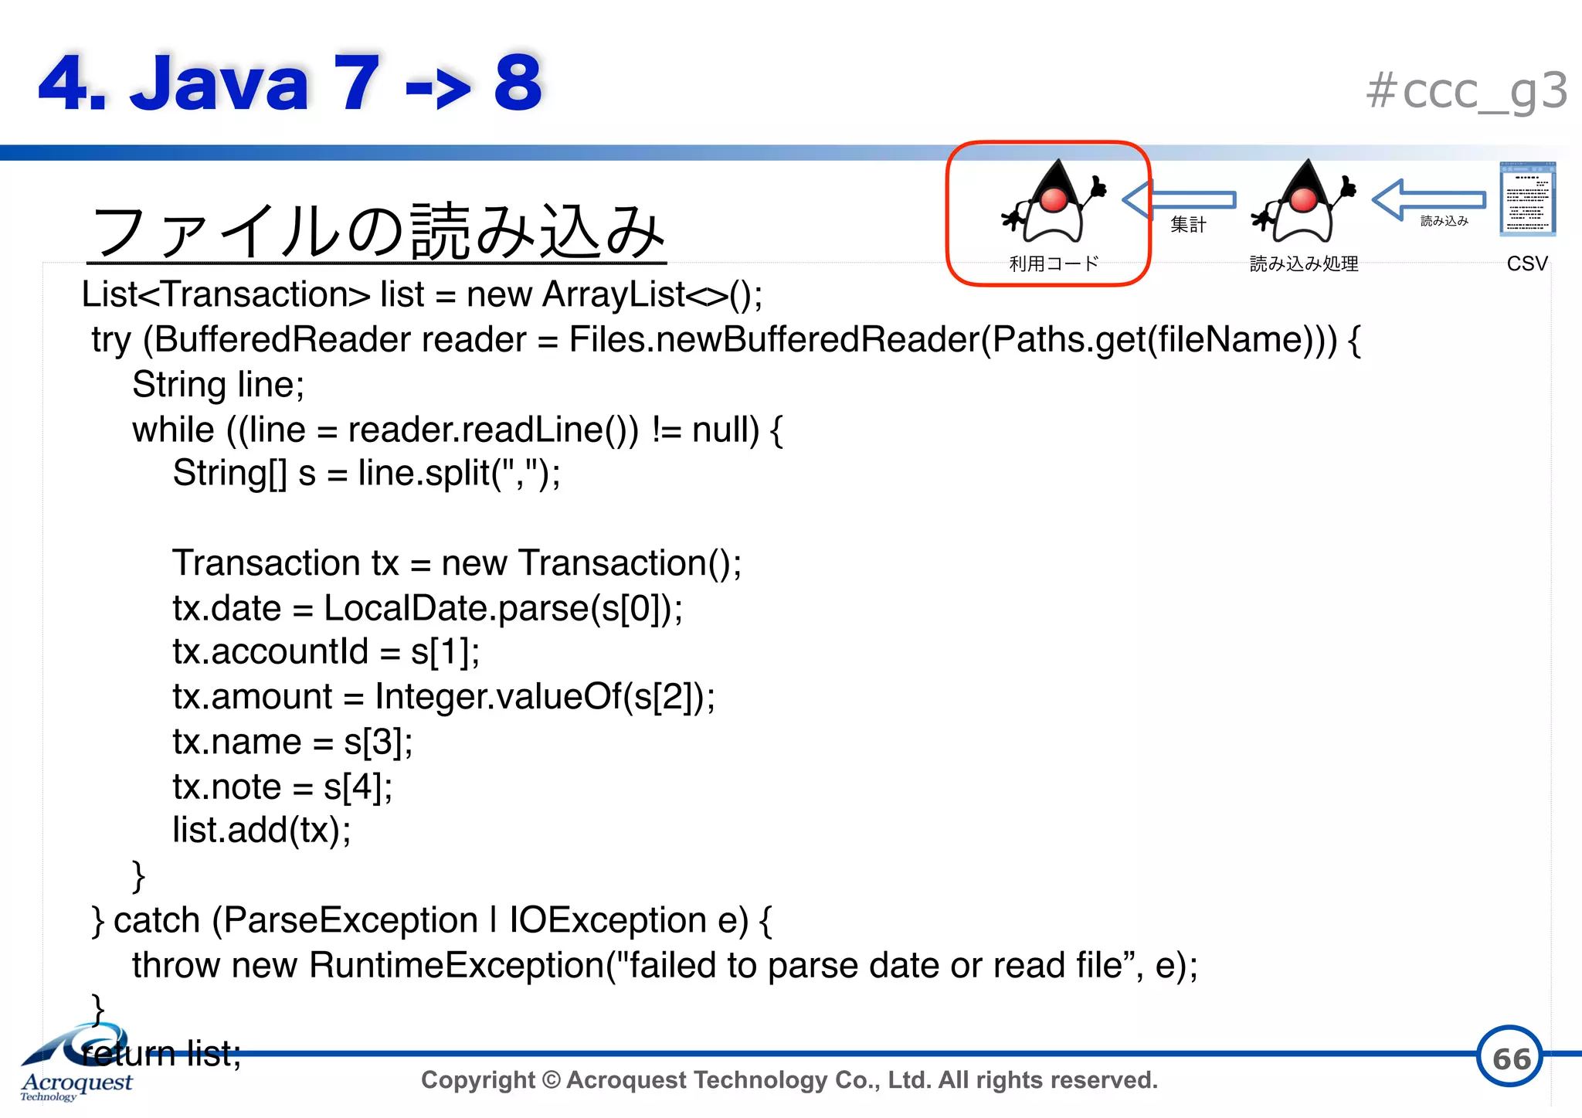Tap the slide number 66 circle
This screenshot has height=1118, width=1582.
1509,1057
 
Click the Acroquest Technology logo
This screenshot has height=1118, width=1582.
76,1063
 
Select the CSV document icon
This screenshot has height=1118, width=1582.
1527,199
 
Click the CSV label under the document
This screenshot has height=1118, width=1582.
1527,263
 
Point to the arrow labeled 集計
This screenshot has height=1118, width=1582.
1179,200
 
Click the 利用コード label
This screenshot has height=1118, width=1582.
1054,264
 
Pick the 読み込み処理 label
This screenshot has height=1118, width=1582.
1304,264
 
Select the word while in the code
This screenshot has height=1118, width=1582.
173,430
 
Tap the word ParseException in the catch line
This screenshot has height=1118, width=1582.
351,920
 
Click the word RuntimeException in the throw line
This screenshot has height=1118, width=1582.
457,965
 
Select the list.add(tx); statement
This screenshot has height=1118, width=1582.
262,831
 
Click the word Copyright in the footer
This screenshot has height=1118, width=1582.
477,1079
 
